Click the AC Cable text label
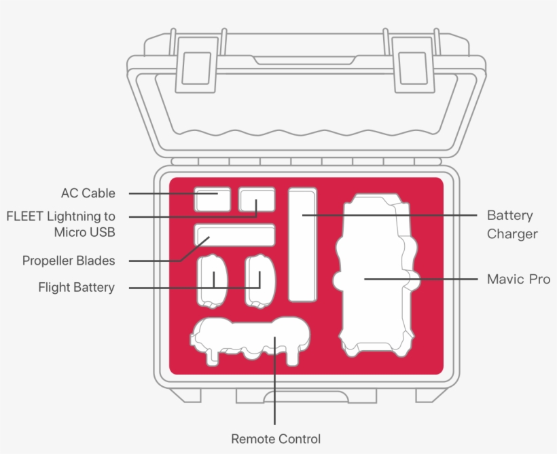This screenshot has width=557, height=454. pyautogui.click(x=88, y=193)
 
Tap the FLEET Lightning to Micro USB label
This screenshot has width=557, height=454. pyautogui.click(x=61, y=225)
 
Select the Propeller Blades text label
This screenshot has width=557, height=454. pyautogui.click(x=69, y=261)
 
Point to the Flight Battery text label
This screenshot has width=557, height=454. pyautogui.click(x=76, y=288)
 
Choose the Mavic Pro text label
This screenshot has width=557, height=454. pyautogui.click(x=518, y=279)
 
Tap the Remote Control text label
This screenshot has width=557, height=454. pyautogui.click(x=276, y=439)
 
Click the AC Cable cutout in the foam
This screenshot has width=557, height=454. pyautogui.click(x=213, y=200)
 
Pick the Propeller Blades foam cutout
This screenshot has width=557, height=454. pyautogui.click(x=235, y=235)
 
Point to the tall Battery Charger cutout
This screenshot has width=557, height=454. pyautogui.click(x=302, y=244)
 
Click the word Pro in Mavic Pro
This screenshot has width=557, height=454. pyautogui.click(x=539, y=279)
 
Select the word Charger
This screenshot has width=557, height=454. pyautogui.click(x=512, y=234)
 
